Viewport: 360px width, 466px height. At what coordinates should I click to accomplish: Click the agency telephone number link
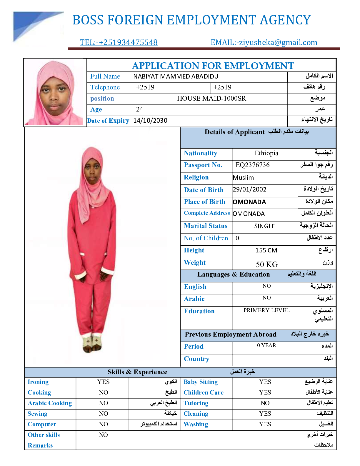coord(119,42)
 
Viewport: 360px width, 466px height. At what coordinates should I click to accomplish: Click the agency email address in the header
coord(264,42)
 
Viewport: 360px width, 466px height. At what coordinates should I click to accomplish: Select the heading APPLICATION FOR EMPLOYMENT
coord(213,66)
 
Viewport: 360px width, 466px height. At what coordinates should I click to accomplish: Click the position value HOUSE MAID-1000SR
coord(211,99)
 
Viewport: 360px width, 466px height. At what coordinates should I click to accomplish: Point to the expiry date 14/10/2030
coord(150,121)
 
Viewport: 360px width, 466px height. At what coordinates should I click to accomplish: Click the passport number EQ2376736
coord(252,165)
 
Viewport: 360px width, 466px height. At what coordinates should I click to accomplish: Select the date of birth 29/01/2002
coord(249,189)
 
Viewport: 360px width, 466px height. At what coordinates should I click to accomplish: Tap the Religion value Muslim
coord(243,178)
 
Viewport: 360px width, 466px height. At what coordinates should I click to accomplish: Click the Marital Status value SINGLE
coord(264,226)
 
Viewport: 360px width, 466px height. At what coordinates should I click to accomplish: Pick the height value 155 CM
coord(266,250)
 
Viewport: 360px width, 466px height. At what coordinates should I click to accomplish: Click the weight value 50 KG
coord(267,264)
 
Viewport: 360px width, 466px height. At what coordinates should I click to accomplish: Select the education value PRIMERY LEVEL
coord(266,310)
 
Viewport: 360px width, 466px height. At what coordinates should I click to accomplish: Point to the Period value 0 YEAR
coord(266,345)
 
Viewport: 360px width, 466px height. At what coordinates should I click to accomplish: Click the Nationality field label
coord(201,153)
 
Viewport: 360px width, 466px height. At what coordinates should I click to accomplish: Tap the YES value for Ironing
coord(103,382)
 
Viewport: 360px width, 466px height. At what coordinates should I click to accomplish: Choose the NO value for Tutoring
coord(265,403)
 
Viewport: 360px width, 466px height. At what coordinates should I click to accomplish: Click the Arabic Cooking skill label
coord(50,403)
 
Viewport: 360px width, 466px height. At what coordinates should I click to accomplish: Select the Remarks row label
coord(40,445)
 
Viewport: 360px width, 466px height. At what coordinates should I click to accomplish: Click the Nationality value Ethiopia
coord(266,153)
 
